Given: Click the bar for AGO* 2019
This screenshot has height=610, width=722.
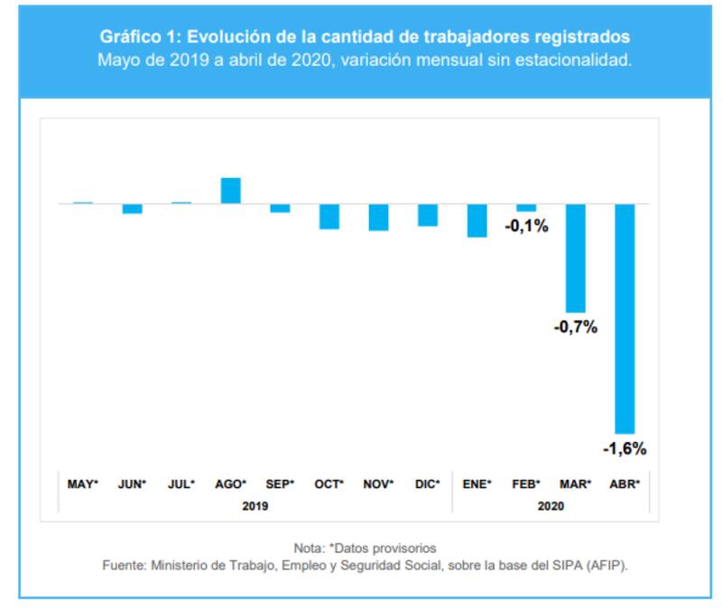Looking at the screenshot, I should pyautogui.click(x=231, y=191).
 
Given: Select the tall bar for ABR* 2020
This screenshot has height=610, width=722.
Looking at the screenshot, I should pyautogui.click(x=625, y=318).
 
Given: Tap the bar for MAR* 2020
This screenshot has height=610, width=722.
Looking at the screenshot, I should pyautogui.click(x=575, y=258).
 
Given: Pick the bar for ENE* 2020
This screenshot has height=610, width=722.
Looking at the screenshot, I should pyautogui.click(x=477, y=220).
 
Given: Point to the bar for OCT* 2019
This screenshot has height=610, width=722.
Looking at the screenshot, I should pyautogui.click(x=329, y=216).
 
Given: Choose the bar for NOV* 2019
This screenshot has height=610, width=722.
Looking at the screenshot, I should pyautogui.click(x=378, y=217).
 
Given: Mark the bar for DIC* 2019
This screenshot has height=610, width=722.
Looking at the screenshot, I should pyautogui.click(x=428, y=214).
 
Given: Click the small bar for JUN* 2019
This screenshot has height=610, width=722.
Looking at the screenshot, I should pyautogui.click(x=133, y=209).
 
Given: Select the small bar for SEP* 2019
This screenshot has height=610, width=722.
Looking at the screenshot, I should pyautogui.click(x=280, y=208).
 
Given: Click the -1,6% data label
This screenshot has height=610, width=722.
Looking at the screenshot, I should pyautogui.click(x=625, y=448).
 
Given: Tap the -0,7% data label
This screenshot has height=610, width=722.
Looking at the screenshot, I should pyautogui.click(x=575, y=327).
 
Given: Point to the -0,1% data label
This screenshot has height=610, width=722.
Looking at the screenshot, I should pyautogui.click(x=526, y=226).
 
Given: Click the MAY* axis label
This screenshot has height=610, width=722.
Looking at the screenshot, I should pyautogui.click(x=83, y=484).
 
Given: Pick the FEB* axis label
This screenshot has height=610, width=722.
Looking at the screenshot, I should pyautogui.click(x=525, y=484).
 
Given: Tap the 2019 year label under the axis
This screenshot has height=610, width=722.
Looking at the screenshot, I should pyautogui.click(x=255, y=506).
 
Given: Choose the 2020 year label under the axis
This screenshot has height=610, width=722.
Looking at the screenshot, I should pyautogui.click(x=551, y=506).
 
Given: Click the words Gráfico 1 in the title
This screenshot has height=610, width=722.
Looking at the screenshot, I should pyautogui.click(x=138, y=37).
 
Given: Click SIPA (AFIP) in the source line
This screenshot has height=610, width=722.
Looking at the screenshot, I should pyautogui.click(x=588, y=566).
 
